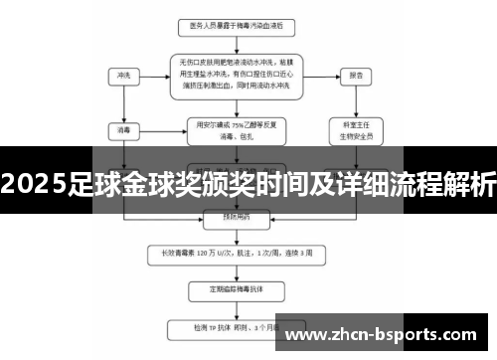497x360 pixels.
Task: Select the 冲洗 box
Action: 124,76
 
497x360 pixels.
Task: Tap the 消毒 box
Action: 124,127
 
